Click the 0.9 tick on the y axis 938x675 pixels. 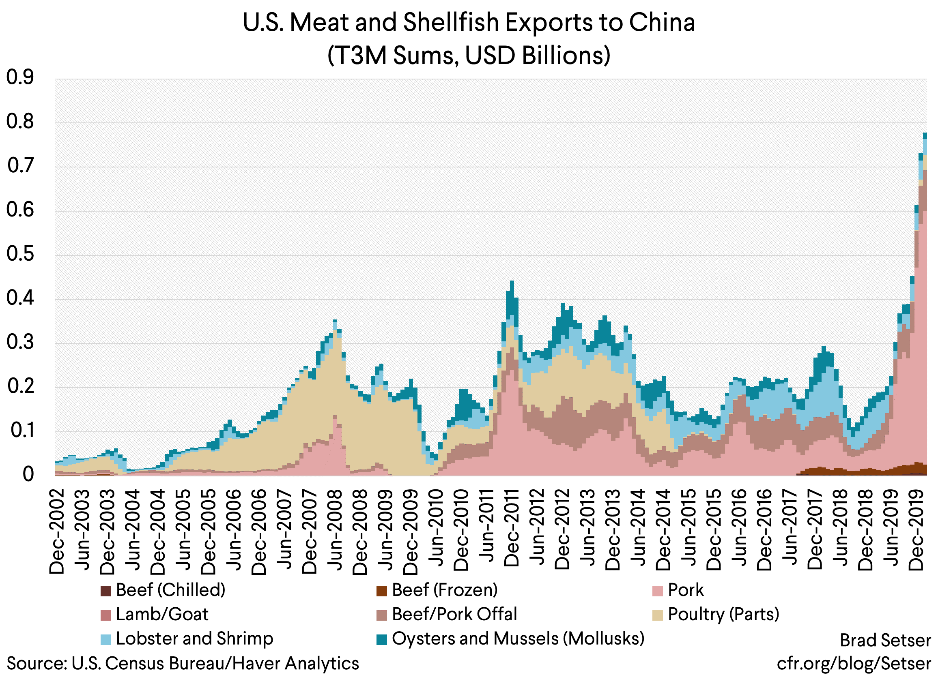coord(20,77)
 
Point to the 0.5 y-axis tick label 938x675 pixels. coord(20,254)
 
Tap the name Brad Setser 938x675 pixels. coord(886,641)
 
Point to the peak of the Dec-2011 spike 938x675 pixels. coord(512,281)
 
